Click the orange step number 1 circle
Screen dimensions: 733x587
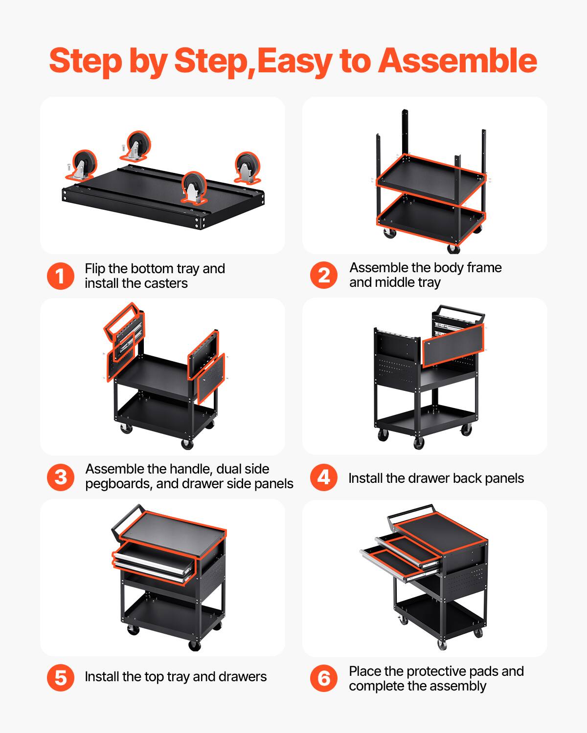61,276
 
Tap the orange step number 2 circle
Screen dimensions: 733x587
324,275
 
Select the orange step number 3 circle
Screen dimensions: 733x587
61,477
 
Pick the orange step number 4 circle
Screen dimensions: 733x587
324,477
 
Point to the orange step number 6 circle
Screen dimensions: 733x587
324,678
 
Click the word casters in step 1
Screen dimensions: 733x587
164,283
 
